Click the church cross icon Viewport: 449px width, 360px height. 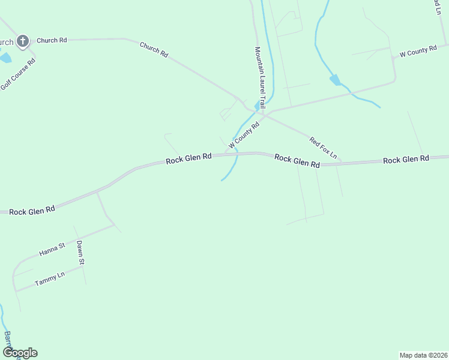pyautogui.click(x=23, y=41)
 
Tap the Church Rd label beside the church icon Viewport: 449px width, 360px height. pyautogui.click(x=52, y=40)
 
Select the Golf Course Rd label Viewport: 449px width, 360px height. pyautogui.click(x=18, y=74)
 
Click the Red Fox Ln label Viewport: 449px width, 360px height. pyautogui.click(x=324, y=149)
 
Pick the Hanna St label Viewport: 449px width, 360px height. pyautogui.click(x=52, y=250)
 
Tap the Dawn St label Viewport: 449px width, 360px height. pyautogui.click(x=80, y=253)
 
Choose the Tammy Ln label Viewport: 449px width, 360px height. pyautogui.click(x=49, y=280)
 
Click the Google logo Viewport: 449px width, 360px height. pyautogui.click(x=20, y=353)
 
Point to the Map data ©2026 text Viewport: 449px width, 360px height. pyautogui.click(x=423, y=355)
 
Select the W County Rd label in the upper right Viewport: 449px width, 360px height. pyautogui.click(x=414, y=51)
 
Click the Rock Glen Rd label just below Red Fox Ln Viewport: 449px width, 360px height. pyautogui.click(x=297, y=160)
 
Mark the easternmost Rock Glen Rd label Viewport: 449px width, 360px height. pyautogui.click(x=406, y=160)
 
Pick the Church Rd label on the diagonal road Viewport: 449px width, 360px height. pyautogui.click(x=154, y=49)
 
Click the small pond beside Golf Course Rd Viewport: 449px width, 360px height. pyautogui.click(x=5, y=58)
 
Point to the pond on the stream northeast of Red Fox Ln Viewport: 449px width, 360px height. pyautogui.click(x=335, y=79)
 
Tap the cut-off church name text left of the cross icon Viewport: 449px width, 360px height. pyautogui.click(x=6, y=42)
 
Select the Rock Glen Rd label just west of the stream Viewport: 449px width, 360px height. pyautogui.click(x=188, y=158)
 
